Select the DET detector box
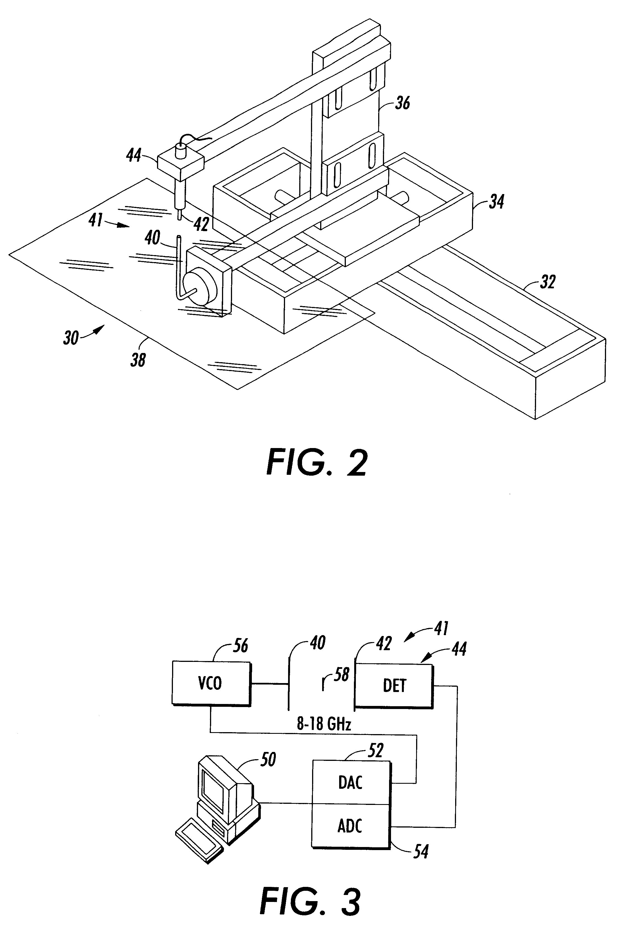394,686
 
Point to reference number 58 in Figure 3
341,674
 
